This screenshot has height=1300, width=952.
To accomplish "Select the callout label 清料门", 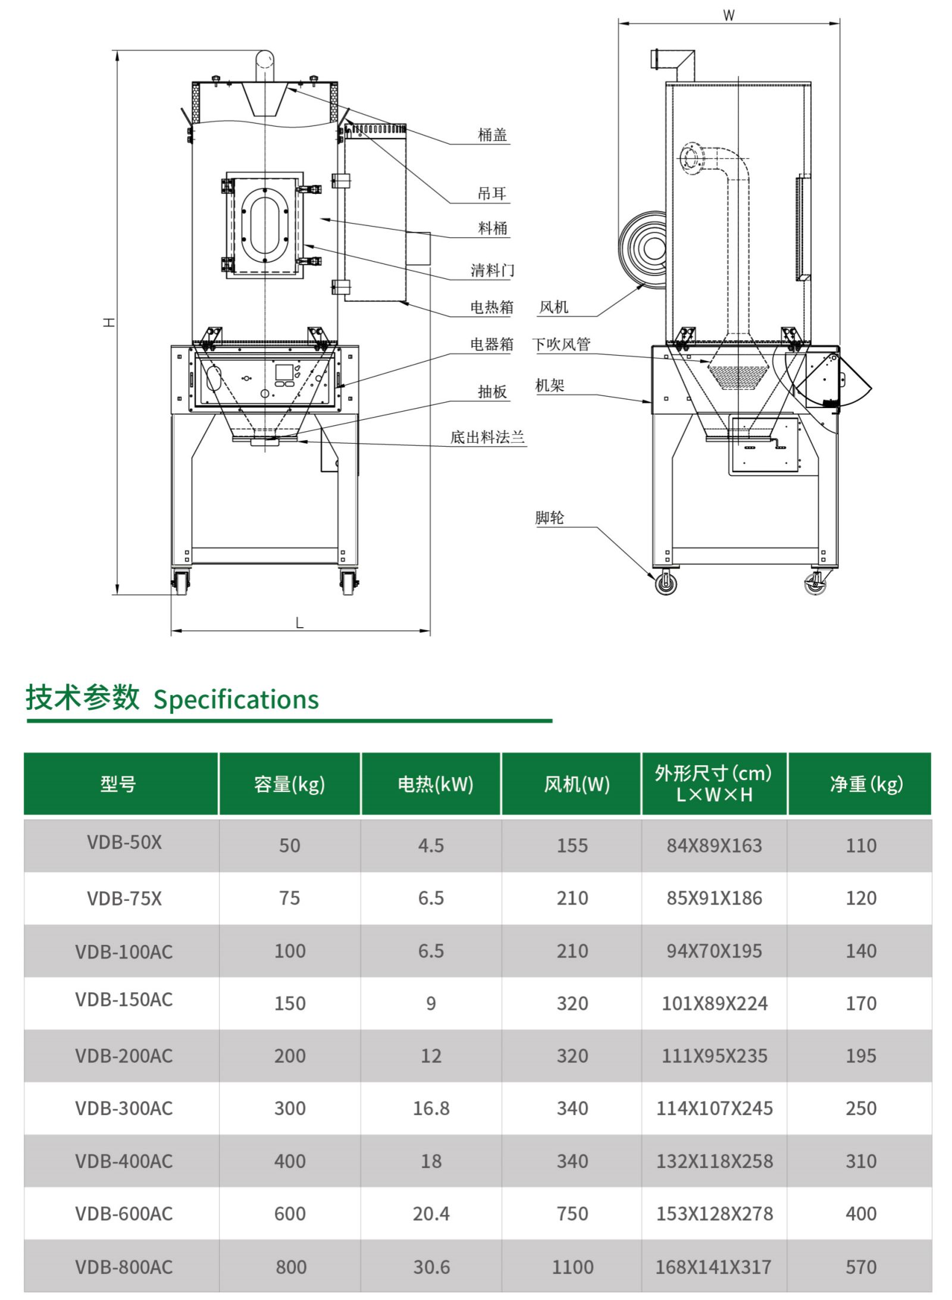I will (492, 270).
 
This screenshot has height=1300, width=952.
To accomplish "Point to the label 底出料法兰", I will (487, 437).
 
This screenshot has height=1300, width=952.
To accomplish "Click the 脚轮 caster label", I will (549, 518).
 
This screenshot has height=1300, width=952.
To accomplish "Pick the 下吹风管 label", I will (560, 344).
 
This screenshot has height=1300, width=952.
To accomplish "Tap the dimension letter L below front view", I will (299, 623).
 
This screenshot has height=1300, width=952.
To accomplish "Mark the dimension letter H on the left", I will (109, 322).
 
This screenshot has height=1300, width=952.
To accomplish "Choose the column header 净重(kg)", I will (866, 784).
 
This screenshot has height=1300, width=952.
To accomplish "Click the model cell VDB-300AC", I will (124, 1108).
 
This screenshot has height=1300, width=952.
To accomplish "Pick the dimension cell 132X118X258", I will (714, 1161).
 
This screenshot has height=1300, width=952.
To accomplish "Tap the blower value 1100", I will (572, 1267).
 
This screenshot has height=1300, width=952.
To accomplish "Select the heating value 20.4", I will (431, 1214).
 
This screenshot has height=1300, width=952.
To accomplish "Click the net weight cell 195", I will (860, 1055).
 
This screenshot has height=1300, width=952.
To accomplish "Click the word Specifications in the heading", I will (236, 699).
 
